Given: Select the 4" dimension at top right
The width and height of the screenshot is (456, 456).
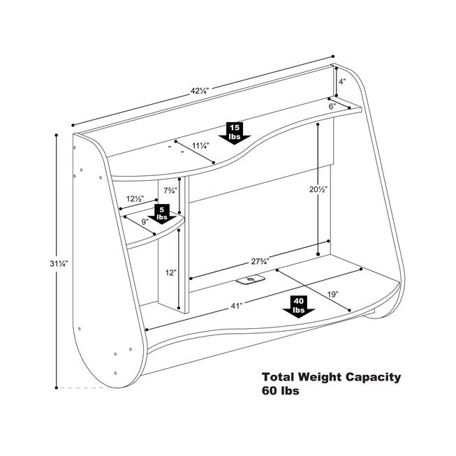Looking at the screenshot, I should pos(342,82).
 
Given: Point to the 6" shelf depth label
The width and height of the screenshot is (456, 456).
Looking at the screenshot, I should pos(333,107).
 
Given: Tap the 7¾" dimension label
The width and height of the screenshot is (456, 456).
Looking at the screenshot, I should pos(170,191).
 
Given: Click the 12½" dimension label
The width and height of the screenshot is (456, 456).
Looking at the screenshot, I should pos(136,199).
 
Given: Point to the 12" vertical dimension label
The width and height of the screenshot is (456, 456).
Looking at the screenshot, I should pos(171,273).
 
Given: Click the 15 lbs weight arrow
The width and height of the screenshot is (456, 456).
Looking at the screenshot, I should pos(234,131).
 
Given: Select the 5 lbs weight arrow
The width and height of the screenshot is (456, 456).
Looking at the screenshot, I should pos(162,212).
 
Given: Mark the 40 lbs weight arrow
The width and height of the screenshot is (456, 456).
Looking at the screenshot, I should pos(299,305).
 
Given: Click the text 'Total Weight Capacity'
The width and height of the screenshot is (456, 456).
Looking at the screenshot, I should pos(331,377).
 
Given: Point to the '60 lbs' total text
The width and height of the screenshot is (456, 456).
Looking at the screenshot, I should pos(281,392).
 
